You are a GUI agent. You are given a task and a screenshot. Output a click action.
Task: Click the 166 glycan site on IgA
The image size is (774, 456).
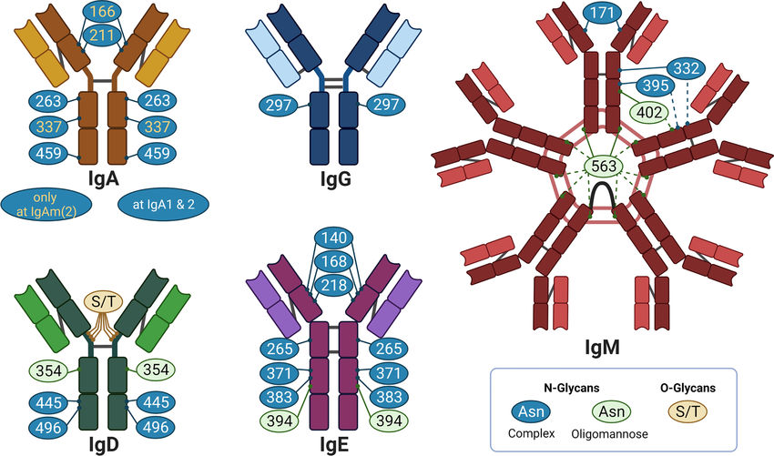102,11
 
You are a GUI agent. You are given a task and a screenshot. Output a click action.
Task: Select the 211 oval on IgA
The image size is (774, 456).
102,35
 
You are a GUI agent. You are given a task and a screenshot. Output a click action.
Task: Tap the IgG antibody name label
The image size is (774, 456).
336,178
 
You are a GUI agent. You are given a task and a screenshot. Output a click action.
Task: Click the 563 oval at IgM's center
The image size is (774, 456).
604,166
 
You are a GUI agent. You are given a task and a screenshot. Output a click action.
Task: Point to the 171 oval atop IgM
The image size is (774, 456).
602,13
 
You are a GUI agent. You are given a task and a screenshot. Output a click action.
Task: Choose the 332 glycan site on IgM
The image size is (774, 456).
687,68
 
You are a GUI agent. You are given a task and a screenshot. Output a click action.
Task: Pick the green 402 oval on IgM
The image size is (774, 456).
649,112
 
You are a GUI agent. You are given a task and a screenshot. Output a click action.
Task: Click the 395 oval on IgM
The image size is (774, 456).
656,86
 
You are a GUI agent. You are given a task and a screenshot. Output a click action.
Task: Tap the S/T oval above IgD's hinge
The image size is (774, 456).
103,301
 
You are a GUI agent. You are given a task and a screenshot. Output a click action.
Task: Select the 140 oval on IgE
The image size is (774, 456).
334,238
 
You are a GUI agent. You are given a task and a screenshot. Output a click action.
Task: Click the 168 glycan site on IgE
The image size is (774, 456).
334,261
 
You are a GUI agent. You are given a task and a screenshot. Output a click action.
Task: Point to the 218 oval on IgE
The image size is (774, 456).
334,285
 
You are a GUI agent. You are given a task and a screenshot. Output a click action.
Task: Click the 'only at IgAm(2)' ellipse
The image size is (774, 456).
46,204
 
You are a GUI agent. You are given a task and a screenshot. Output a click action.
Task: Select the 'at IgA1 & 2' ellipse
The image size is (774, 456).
163,204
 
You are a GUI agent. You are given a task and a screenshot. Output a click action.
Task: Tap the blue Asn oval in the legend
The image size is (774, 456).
531,411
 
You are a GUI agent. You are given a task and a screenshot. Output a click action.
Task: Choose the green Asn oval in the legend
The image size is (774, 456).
612,411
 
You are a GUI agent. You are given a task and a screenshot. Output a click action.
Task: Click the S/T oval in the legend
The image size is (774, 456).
687,411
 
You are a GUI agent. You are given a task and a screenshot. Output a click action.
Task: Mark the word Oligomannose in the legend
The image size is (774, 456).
609,434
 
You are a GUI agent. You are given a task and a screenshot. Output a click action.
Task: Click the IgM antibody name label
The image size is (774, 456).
602,348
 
